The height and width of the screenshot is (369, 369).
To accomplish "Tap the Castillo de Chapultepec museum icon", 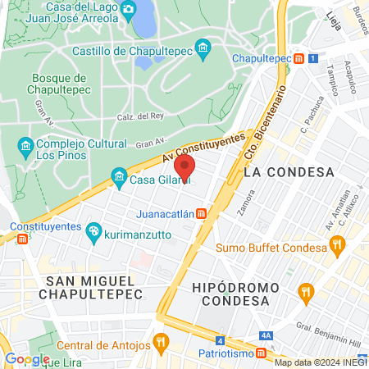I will (x=204, y=50).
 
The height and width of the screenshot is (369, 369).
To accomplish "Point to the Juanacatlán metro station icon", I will (x=201, y=215).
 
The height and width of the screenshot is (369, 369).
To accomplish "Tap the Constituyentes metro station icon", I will (x=22, y=239).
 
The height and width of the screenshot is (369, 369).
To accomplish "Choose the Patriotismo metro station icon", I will (x=260, y=353).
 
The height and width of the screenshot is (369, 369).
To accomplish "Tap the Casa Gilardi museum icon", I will (x=119, y=177).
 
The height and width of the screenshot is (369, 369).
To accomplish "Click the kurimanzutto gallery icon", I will (x=93, y=232).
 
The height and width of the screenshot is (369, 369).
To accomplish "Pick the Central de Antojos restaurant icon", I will (x=161, y=341).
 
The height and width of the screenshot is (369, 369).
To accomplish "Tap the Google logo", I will (x=26, y=358).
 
